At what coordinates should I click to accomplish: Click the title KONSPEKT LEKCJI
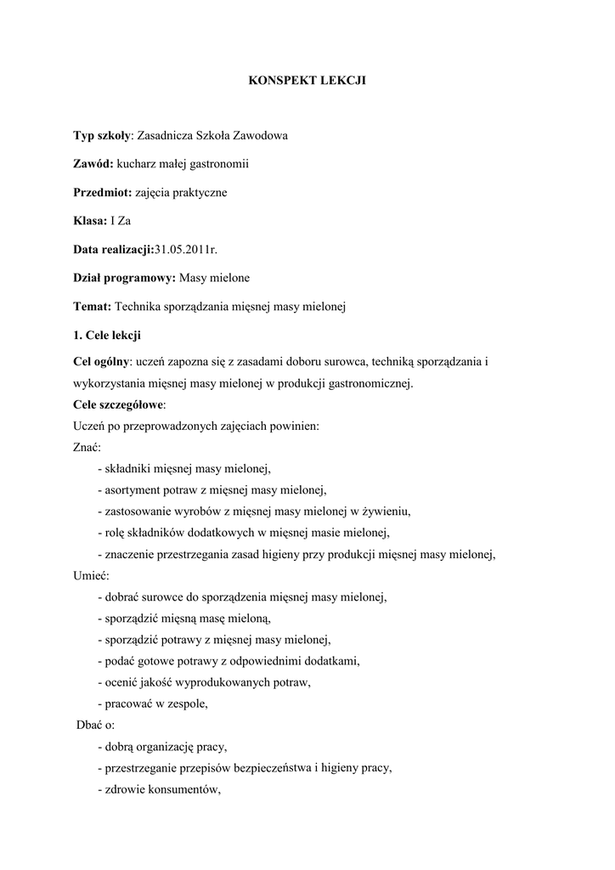tap(307, 81)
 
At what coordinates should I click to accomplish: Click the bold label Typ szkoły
tap(102, 135)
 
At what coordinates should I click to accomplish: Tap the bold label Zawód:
tap(93, 163)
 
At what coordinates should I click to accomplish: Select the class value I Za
tap(121, 221)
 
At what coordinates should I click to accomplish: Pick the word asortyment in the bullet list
tap(131, 490)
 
